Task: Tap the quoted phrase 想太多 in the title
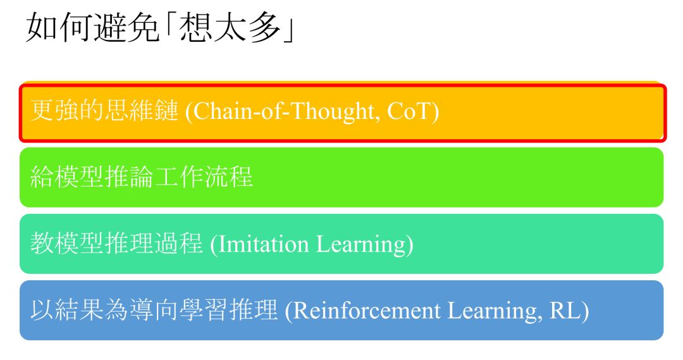pos(230,28)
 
